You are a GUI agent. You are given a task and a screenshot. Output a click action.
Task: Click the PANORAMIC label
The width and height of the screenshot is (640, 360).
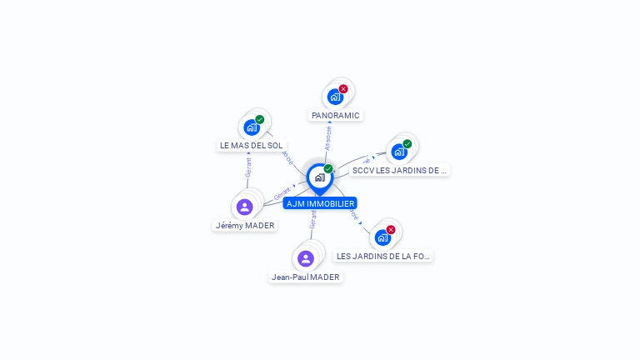tap(335, 115)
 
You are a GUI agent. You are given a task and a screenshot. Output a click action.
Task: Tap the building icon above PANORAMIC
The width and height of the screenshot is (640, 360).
tap(335, 97)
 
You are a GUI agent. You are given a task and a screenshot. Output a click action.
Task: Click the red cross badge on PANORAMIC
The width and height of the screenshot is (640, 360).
tap(343, 89)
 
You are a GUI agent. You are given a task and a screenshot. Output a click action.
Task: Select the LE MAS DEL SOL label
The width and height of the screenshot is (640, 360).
tap(251, 145)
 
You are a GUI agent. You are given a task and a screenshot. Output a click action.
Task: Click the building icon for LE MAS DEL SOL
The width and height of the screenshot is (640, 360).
tap(251, 127)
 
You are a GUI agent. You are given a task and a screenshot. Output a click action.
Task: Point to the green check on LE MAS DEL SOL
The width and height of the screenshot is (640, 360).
tap(260, 120)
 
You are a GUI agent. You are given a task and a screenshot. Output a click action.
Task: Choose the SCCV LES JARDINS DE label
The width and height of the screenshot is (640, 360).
tap(399, 170)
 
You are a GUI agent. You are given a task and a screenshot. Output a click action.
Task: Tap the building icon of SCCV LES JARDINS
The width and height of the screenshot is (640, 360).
tap(398, 152)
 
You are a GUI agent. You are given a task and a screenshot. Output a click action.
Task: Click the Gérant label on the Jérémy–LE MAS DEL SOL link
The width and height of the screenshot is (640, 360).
tap(247, 167)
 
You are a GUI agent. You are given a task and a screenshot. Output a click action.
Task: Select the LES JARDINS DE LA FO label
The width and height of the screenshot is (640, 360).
tap(383, 256)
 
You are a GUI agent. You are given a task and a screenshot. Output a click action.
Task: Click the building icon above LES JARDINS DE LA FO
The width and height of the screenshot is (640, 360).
tap(382, 237)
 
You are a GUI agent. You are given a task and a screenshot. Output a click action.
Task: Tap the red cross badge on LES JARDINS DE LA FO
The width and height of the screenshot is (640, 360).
tap(391, 230)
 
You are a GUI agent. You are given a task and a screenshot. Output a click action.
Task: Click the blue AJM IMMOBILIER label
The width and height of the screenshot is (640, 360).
tap(320, 203)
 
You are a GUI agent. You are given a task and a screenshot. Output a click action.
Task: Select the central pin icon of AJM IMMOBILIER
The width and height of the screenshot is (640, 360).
tap(319, 177)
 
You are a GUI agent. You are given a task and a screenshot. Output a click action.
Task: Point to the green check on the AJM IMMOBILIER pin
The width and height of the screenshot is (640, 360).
tap(328, 169)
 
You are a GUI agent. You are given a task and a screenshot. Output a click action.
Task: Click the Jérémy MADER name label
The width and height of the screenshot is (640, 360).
tap(244, 225)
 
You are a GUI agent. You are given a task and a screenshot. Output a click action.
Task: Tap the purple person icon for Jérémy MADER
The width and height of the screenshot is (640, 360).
tap(244, 207)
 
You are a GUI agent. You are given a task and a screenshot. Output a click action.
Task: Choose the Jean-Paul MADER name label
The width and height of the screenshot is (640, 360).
tap(306, 277)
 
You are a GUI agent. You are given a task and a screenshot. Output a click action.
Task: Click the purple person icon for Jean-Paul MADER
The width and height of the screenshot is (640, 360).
tap(306, 258)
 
